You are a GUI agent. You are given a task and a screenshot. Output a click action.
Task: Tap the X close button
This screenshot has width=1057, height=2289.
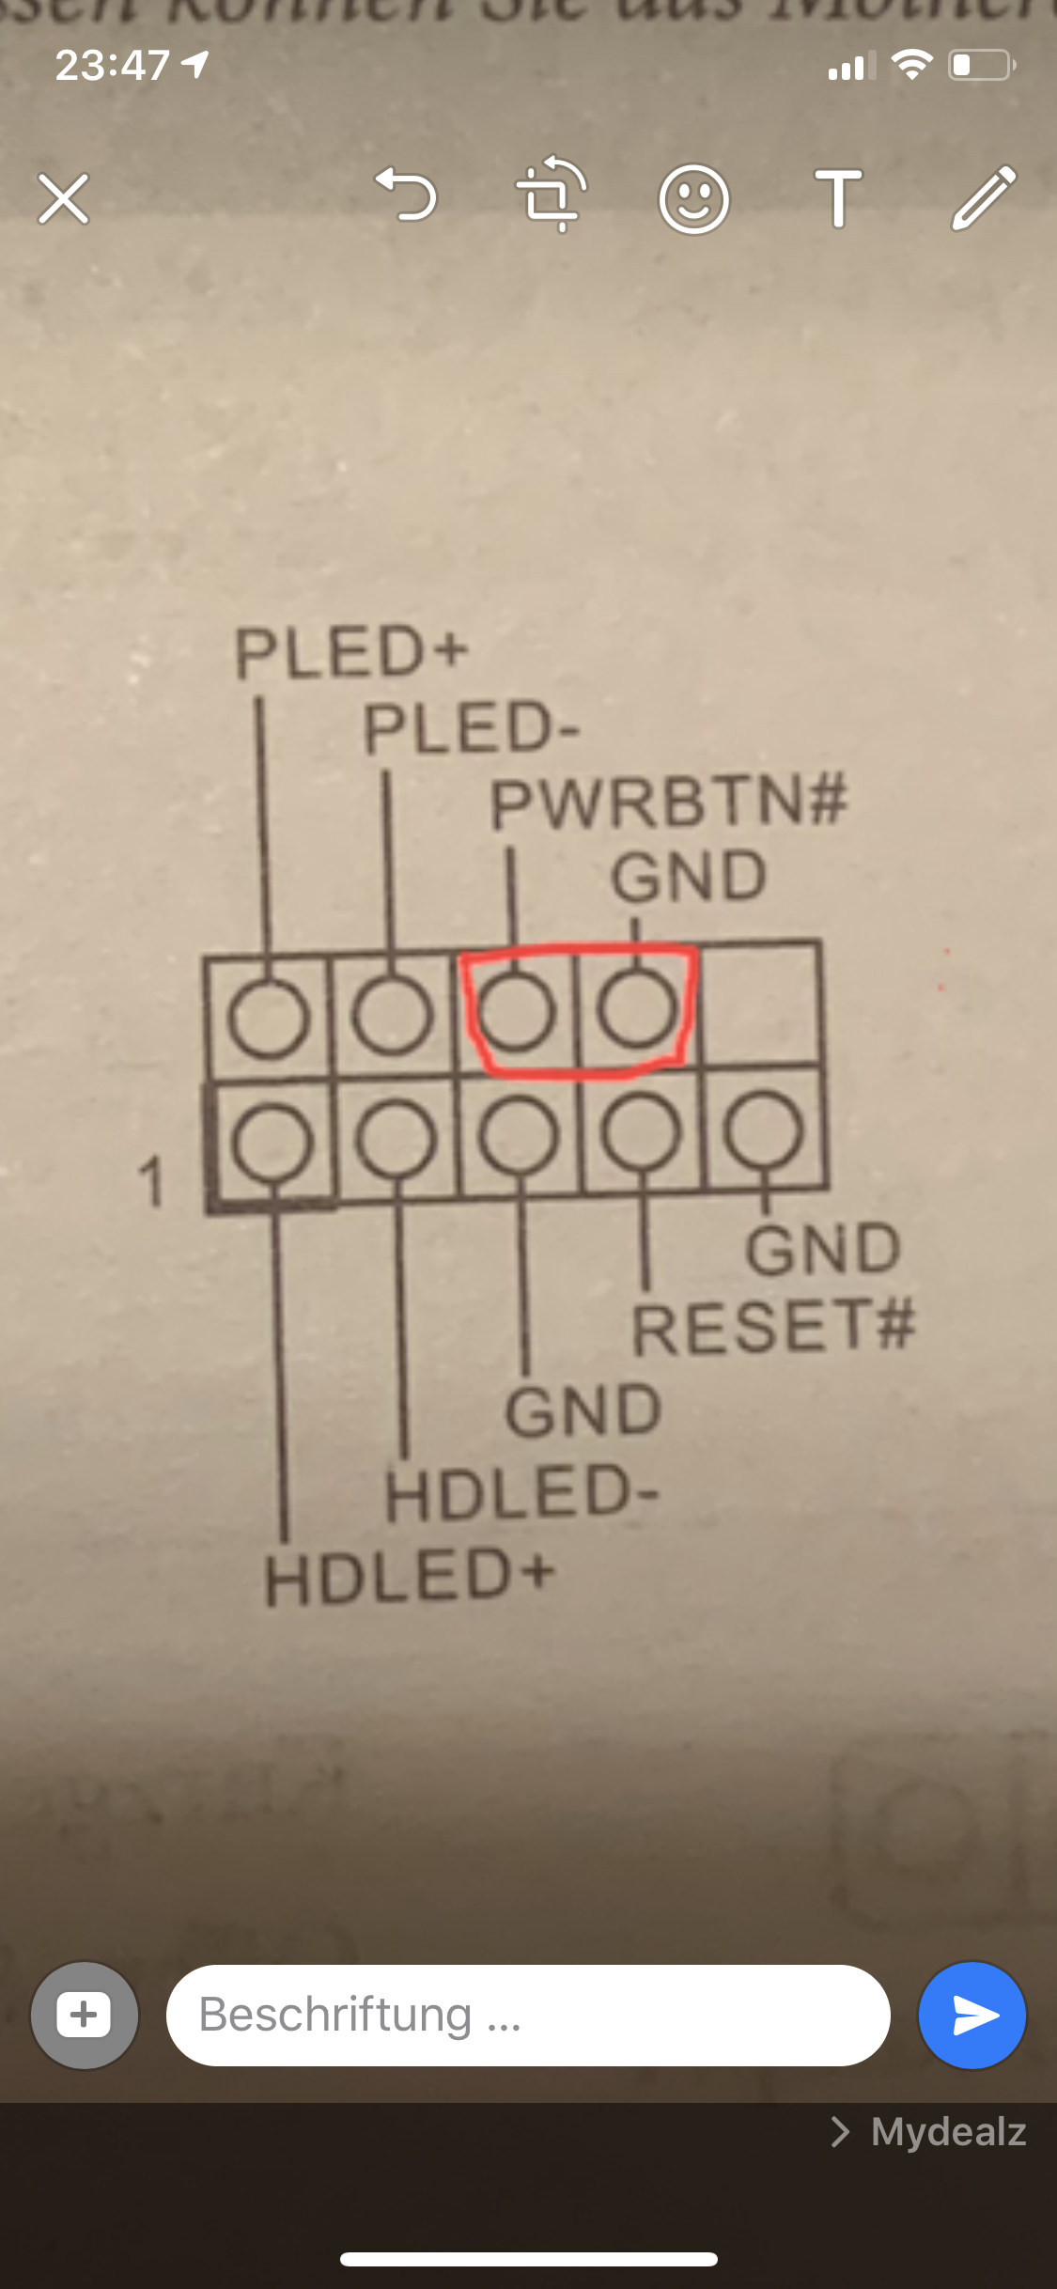(64, 198)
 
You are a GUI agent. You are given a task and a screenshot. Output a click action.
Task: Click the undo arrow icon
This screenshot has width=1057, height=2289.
(407, 195)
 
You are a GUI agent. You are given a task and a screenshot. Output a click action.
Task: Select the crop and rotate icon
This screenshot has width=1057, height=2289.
(552, 195)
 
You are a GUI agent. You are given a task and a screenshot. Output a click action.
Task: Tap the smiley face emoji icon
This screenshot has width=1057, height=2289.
(693, 198)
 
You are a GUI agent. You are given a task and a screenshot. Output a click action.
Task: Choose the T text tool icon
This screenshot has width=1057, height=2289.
(838, 198)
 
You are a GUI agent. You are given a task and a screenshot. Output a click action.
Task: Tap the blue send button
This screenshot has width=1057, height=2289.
(972, 2015)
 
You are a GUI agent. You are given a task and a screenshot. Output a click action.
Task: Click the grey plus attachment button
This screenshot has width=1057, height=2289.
(85, 2015)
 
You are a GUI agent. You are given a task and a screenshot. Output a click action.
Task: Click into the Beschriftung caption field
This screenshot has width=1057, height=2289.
(526, 2015)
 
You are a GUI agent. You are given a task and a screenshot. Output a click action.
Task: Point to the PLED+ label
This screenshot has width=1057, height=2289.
(350, 652)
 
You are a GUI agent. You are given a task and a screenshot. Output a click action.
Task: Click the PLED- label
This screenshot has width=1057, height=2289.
(472, 729)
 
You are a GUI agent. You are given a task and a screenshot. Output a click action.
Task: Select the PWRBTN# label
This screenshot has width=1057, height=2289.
(668, 803)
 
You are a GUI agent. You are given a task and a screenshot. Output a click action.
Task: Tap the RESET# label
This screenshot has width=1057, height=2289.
(772, 1327)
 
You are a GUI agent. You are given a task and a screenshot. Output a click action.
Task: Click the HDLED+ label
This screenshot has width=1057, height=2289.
(410, 1577)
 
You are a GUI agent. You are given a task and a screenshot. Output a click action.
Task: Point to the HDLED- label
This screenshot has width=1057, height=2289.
(521, 1493)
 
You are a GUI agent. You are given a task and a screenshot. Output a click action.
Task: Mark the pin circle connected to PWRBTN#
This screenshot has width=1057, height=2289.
(514, 1010)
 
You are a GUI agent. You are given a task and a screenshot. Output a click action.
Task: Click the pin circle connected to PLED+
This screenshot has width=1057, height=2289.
(269, 1018)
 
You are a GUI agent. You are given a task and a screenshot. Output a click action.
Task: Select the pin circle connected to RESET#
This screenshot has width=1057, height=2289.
(642, 1134)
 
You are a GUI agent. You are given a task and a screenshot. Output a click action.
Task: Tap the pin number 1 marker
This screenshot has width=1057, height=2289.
(151, 1181)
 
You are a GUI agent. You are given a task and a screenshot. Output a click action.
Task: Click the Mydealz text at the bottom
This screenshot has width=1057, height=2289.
(947, 2132)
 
